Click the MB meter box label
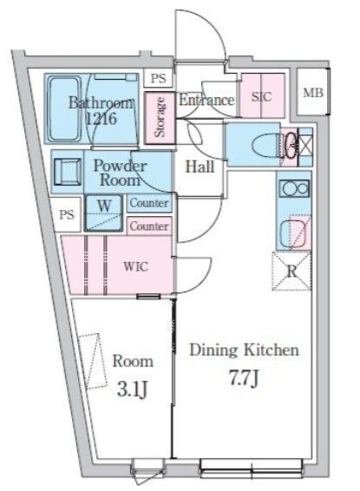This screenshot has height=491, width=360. tap(313, 93)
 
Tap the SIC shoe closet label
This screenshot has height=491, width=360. tap(261, 96)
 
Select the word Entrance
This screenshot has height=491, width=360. tap(206, 100)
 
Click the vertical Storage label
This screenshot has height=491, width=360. tap(160, 117)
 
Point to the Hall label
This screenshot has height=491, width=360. tap(200, 167)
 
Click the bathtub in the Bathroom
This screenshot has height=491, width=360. tap(64, 109)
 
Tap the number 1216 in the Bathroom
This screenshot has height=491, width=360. tap(101, 119)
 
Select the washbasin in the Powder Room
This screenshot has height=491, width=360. tap(68, 172)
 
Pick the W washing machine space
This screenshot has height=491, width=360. tap(104, 213)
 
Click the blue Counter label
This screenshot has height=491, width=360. tap(149, 203)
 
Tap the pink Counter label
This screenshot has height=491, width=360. tap(149, 226)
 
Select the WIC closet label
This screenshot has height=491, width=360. tap(136, 267)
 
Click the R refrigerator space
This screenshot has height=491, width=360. tap(291, 272)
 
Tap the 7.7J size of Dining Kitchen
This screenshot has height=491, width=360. tap(244, 378)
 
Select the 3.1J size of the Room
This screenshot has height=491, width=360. tap(133, 390)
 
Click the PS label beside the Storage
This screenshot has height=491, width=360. tap(158, 78)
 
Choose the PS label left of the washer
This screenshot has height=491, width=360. tap(67, 214)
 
